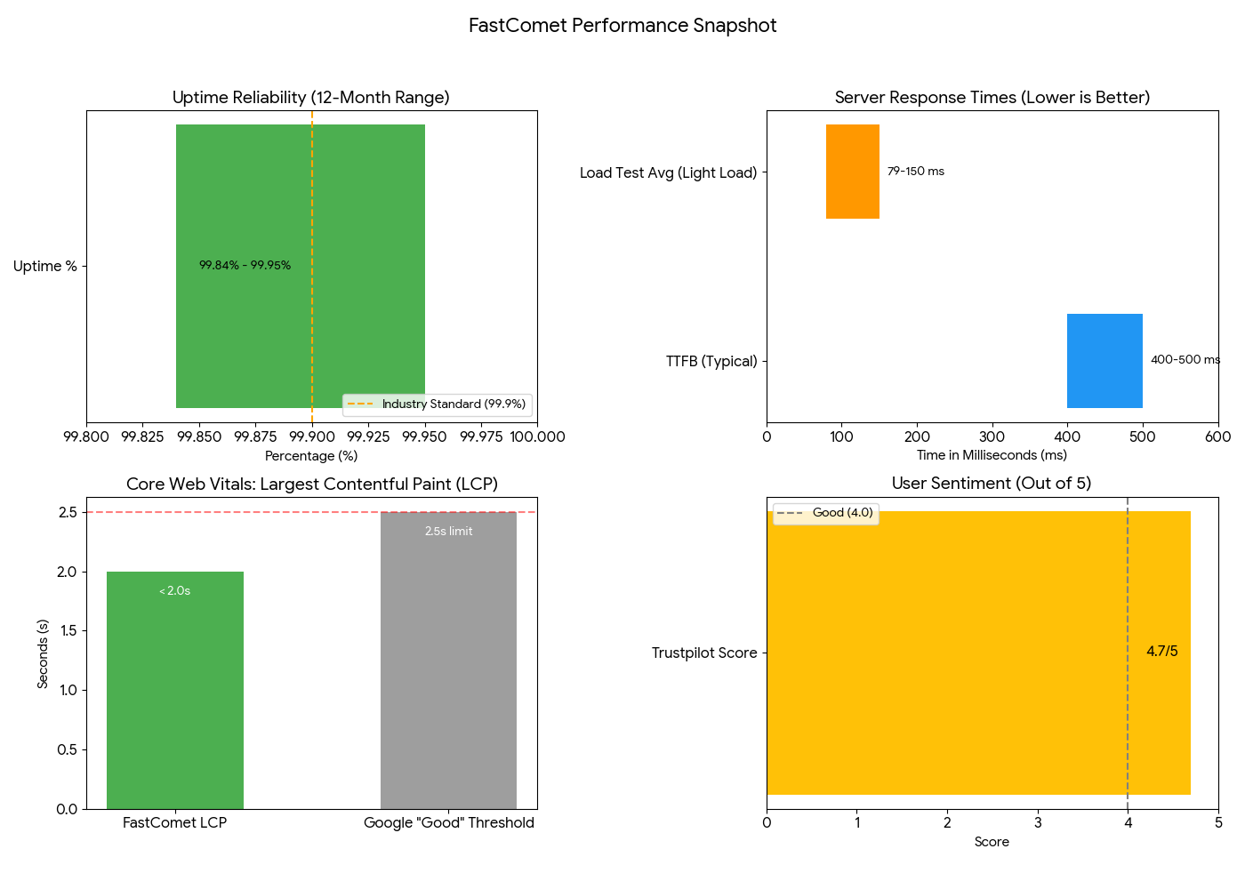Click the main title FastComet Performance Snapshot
(x=622, y=25)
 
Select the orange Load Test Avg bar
(x=852, y=172)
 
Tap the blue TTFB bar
(x=1104, y=360)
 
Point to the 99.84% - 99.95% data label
(x=245, y=265)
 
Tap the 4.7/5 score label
(x=1161, y=652)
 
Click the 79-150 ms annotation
(x=915, y=172)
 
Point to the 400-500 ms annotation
(x=1185, y=360)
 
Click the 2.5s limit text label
(x=448, y=532)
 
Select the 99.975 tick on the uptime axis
(x=481, y=436)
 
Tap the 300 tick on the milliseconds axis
(x=992, y=436)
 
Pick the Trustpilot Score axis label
(x=704, y=653)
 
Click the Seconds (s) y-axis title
(x=43, y=653)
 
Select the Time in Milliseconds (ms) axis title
(x=992, y=455)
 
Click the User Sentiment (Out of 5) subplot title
(x=992, y=484)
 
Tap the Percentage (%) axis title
(x=311, y=456)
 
